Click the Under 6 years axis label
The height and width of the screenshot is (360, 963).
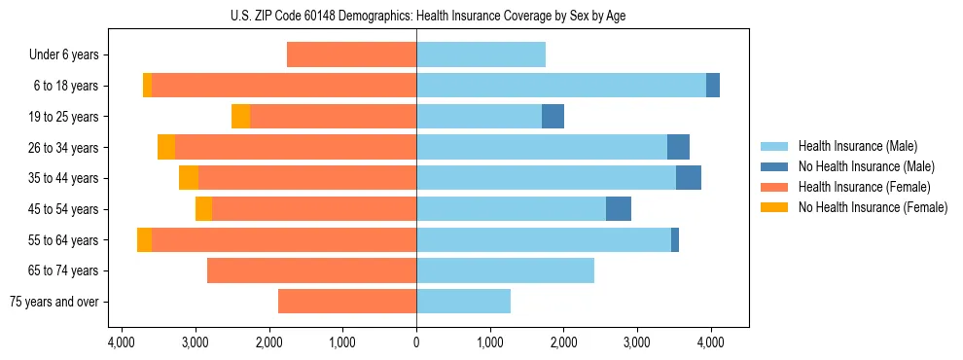[x=63, y=55]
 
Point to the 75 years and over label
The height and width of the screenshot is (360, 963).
[x=53, y=302]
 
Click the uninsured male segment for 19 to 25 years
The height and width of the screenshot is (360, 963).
[x=553, y=117]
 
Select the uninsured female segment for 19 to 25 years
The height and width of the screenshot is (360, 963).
[x=240, y=117]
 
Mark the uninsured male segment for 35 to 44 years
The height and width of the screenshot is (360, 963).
[x=688, y=178]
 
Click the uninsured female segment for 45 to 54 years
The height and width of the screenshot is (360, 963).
[x=203, y=209]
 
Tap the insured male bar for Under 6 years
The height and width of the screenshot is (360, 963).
[x=481, y=55]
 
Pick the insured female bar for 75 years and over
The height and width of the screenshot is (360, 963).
[x=347, y=302]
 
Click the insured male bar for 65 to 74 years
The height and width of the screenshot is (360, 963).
[x=505, y=270]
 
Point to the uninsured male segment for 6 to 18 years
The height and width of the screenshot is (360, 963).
[x=713, y=86]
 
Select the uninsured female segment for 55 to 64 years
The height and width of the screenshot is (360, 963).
[x=144, y=240]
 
